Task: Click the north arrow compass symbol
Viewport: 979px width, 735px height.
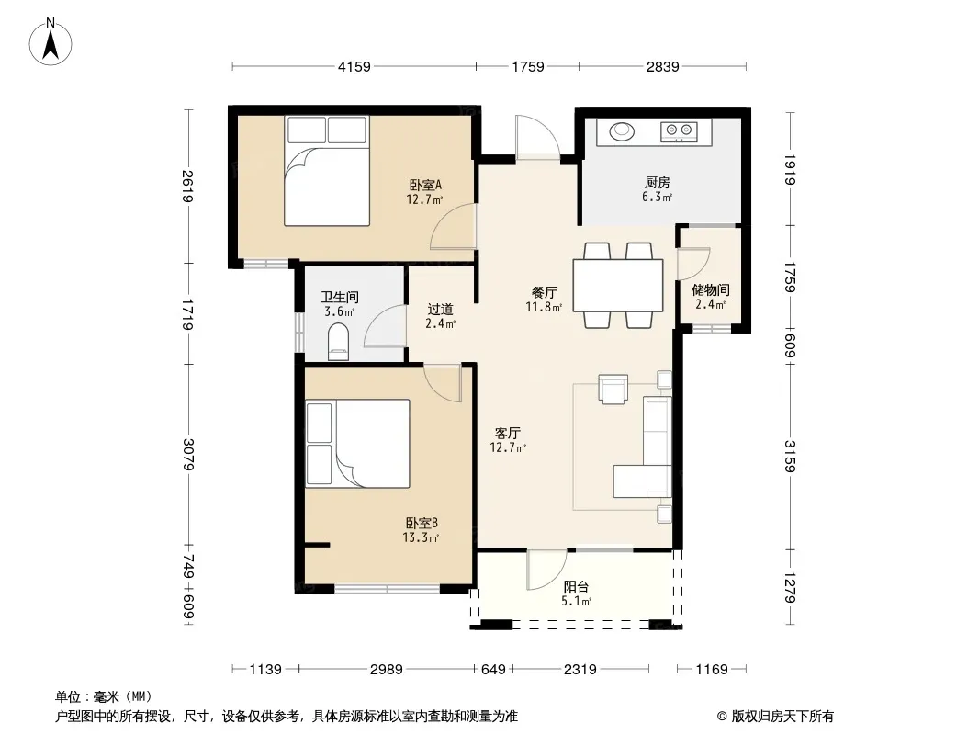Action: (51, 42)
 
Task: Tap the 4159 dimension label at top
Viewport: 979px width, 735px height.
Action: (354, 67)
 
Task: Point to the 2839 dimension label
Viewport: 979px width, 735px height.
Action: (662, 67)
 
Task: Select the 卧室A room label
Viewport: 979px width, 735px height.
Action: (425, 185)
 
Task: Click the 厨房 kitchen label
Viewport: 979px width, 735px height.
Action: (657, 182)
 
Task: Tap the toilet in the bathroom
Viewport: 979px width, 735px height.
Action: (338, 342)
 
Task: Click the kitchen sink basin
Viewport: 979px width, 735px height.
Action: (622, 131)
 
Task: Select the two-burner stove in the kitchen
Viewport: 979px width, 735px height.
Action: (679, 131)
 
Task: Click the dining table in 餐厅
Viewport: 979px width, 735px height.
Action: (618, 286)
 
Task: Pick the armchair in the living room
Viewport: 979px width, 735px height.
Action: (613, 389)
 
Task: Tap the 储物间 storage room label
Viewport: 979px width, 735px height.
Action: (711, 289)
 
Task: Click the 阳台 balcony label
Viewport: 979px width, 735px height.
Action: (576, 587)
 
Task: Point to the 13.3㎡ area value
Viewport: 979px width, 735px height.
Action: (421, 537)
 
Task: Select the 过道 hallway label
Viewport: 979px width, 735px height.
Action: (440, 309)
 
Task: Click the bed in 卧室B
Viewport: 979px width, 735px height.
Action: (358, 444)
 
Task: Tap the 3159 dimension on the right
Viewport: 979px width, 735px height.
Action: (791, 457)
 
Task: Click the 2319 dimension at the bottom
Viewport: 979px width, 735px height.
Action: (580, 670)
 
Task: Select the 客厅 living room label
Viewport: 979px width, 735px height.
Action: (508, 433)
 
